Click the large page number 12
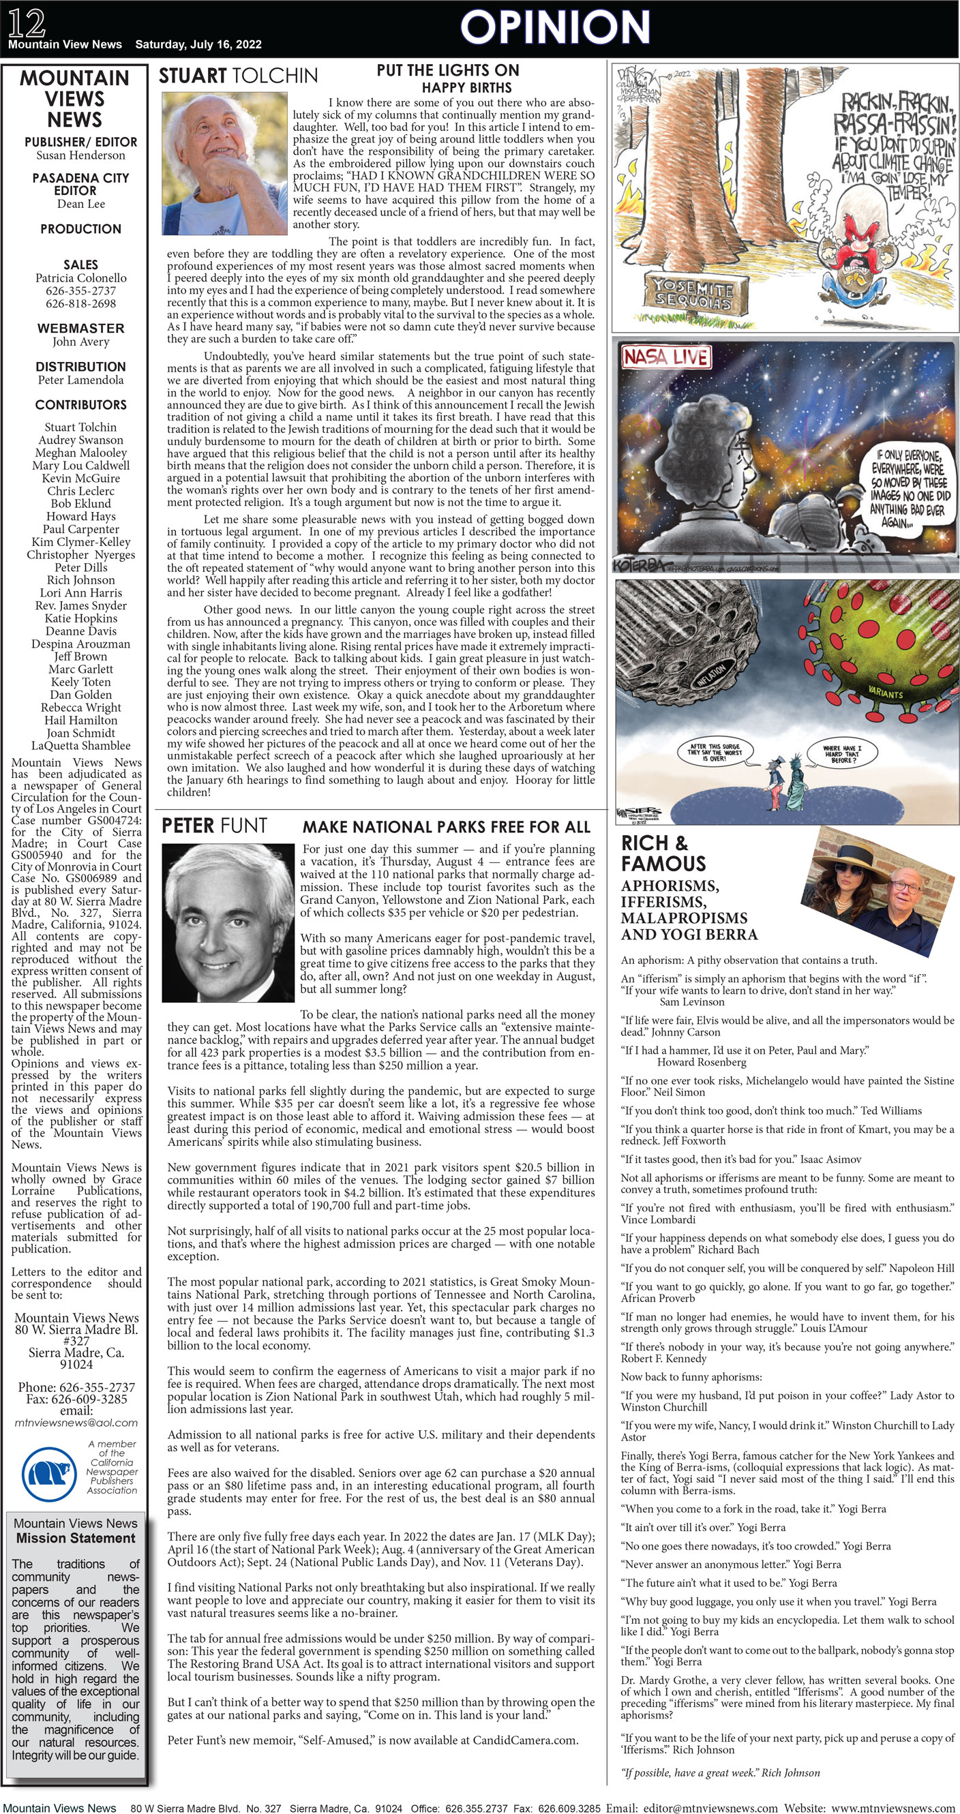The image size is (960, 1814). (27, 22)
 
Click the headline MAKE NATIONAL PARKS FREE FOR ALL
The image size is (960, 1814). (446, 827)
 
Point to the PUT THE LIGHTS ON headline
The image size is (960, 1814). (448, 70)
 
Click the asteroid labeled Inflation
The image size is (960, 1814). (687, 648)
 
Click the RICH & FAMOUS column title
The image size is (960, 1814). (663, 853)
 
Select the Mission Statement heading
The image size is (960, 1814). (76, 1538)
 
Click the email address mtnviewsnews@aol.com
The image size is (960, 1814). (76, 1423)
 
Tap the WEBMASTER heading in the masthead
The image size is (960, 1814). (80, 328)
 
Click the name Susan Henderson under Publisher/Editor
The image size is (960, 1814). (80, 155)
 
